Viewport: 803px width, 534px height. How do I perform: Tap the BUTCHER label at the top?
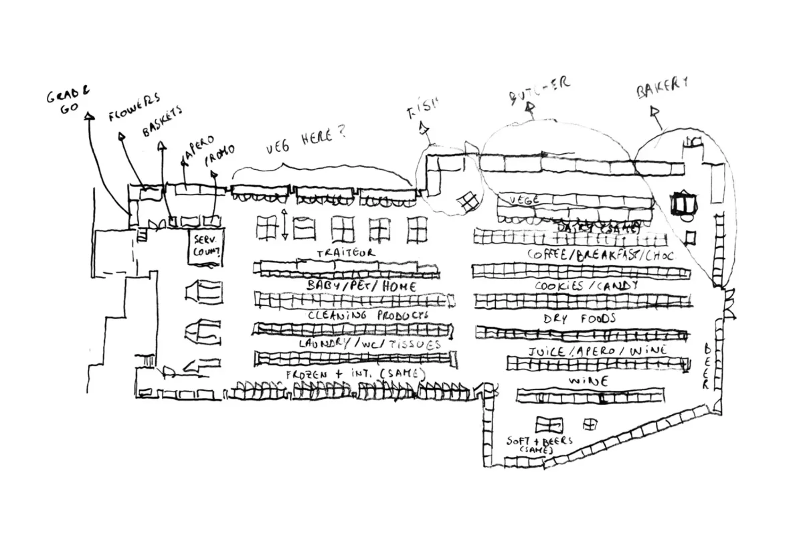[x=539, y=88]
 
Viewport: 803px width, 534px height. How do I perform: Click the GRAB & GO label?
[x=68, y=101]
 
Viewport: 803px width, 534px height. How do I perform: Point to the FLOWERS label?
[x=135, y=108]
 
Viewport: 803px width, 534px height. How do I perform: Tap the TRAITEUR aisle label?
[x=345, y=252]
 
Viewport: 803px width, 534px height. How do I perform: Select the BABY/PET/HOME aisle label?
[x=361, y=286]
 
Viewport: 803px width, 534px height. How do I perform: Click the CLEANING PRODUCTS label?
[x=367, y=315]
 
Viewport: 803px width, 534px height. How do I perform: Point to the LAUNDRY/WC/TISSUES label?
[x=370, y=344]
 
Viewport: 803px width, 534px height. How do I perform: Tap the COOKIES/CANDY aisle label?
[x=586, y=286]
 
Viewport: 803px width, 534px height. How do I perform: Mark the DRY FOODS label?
[x=579, y=319]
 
